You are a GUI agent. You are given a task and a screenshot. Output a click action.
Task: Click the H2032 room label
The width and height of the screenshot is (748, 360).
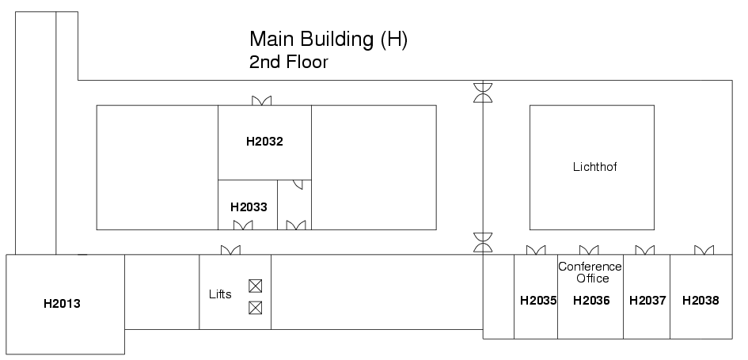[x=264, y=142]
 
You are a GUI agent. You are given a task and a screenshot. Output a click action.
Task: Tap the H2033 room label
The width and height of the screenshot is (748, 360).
[x=249, y=207]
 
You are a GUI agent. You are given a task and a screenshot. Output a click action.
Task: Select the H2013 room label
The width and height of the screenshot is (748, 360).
[x=62, y=304]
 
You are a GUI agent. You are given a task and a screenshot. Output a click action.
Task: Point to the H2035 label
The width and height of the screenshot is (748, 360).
[x=538, y=301]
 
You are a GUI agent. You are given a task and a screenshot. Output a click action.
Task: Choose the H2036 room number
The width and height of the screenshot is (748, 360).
[x=591, y=301]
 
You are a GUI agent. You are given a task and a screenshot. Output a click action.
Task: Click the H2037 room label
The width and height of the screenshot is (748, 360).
[x=647, y=301]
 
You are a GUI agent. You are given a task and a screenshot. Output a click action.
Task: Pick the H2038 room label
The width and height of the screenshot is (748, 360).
[x=701, y=301]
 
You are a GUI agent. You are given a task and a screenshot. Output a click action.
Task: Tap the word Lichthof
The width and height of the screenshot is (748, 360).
[x=595, y=167]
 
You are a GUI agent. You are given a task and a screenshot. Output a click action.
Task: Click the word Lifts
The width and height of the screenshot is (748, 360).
[x=220, y=294]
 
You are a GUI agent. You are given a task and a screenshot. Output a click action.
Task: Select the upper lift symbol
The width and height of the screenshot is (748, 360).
[x=255, y=286]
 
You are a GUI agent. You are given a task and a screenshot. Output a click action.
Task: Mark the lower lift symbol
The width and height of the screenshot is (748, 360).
[x=255, y=308]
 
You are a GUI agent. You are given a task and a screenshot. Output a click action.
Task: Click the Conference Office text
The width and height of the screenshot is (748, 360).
[x=590, y=272]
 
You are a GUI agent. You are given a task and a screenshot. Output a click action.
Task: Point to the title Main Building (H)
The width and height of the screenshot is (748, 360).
[x=328, y=39]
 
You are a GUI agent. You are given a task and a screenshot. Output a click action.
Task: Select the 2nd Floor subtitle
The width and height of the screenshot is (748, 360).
[x=289, y=62]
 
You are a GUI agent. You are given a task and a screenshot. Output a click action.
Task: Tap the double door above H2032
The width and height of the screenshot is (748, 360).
[x=261, y=100]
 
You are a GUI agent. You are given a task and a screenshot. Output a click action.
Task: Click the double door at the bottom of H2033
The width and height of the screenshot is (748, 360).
[x=243, y=225]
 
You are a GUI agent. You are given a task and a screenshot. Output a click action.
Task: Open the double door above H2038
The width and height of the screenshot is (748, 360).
[x=704, y=250]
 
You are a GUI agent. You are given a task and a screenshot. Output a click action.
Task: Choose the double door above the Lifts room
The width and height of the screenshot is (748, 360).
[x=230, y=250]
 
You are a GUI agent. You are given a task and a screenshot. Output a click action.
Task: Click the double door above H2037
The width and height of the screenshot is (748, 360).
[x=645, y=250]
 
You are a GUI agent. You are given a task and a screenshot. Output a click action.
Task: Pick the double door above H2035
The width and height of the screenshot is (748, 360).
[x=536, y=250]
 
